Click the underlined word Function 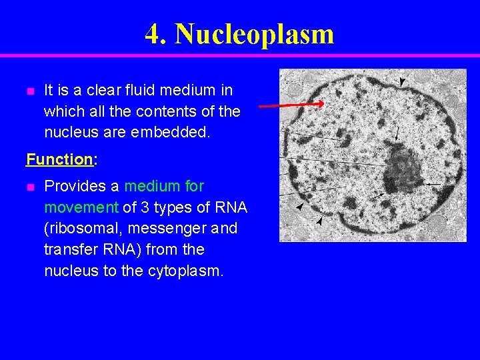[59, 159]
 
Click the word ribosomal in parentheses [81, 229]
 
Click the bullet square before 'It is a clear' [29, 91]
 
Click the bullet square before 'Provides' [29, 187]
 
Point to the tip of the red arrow [323, 103]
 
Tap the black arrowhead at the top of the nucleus [401, 81]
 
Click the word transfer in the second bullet [69, 250]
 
